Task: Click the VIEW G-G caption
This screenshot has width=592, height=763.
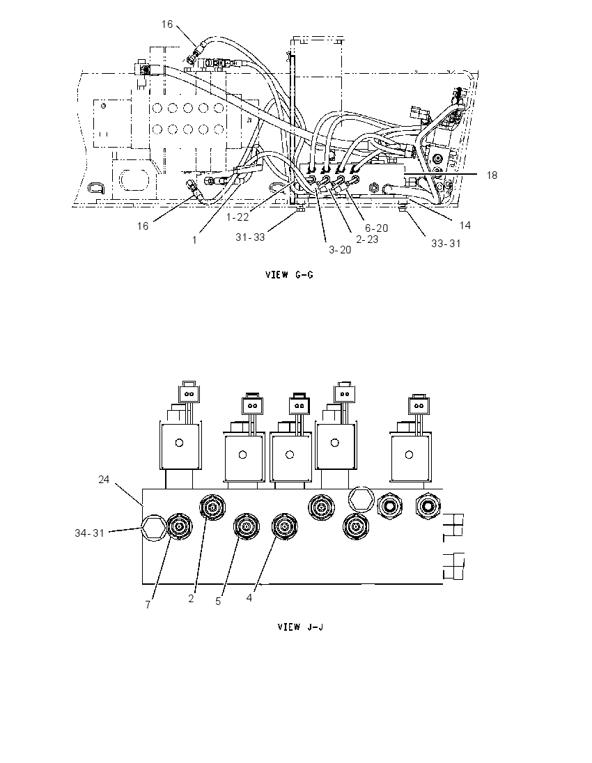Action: point(289,275)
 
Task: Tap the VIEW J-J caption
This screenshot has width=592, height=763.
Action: point(300,627)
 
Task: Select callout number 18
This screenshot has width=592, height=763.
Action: point(492,175)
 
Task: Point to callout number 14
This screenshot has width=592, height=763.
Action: point(465,225)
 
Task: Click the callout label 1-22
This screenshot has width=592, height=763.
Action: point(237,217)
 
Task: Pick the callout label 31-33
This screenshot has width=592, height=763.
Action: point(250,237)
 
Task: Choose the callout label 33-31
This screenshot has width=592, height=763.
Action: point(446,243)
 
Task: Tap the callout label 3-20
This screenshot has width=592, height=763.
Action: point(340,250)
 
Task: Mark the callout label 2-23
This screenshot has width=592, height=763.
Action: point(367,239)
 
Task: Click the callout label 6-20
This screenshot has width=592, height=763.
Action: point(377,228)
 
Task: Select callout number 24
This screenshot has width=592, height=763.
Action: point(104,479)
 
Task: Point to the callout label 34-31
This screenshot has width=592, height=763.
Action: point(90,533)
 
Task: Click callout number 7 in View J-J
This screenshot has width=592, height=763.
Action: point(148,604)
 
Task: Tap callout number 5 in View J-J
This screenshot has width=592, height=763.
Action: point(218,601)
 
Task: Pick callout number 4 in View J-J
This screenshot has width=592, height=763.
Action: point(249,597)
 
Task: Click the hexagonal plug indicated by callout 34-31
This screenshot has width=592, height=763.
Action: point(153,526)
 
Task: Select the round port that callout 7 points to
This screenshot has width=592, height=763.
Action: point(180,526)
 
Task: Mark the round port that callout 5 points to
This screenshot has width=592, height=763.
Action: point(247,527)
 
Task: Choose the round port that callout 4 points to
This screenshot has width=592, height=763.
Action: point(285,527)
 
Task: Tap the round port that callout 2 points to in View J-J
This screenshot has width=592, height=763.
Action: point(212,508)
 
